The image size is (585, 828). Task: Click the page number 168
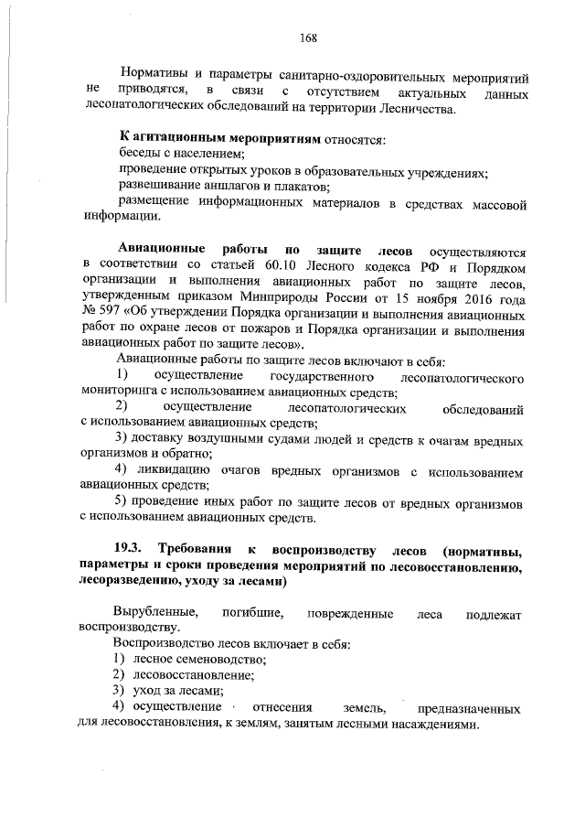(x=307, y=38)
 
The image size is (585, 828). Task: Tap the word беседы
(x=142, y=156)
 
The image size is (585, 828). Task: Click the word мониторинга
(x=119, y=392)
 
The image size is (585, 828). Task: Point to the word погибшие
(x=250, y=612)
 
